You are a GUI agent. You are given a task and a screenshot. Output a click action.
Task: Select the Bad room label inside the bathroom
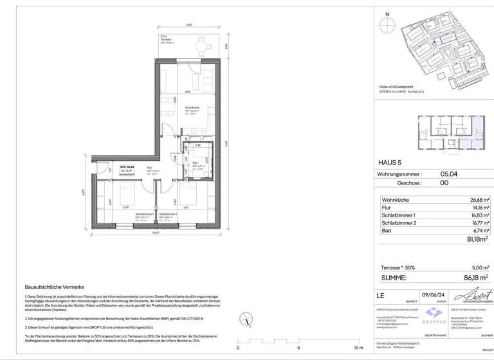195,163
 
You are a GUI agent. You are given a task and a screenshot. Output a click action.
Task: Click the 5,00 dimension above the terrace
188,25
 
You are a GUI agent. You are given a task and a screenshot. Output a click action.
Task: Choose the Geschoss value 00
444,183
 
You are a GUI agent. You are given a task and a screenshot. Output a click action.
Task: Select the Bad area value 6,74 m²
478,230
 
